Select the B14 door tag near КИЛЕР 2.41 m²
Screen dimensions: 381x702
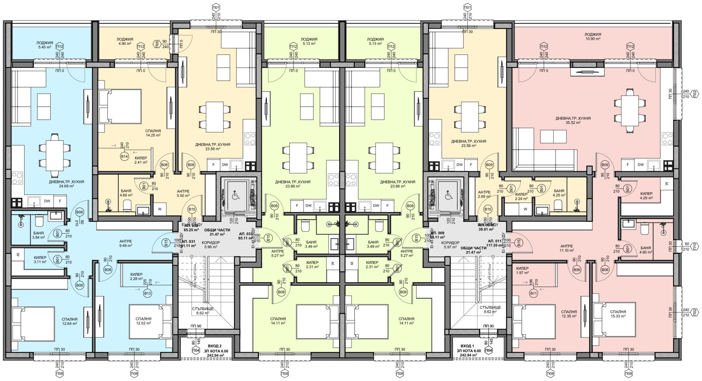(124, 157)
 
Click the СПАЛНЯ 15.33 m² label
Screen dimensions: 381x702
(618, 314)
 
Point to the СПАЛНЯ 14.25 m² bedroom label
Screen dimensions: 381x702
(153, 133)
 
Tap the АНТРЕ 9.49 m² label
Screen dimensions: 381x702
(125, 243)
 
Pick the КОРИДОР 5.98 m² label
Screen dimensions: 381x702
(211, 244)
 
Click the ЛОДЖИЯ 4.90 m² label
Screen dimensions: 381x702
(125, 41)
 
